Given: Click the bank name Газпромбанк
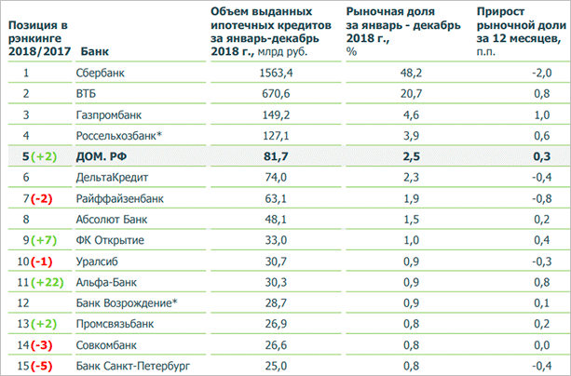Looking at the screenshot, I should point(108,114).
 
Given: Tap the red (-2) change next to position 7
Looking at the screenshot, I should point(41,197).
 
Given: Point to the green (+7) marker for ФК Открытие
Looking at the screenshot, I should point(43,239).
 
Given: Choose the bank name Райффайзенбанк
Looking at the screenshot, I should point(118,197).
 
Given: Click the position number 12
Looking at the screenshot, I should point(27,302).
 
